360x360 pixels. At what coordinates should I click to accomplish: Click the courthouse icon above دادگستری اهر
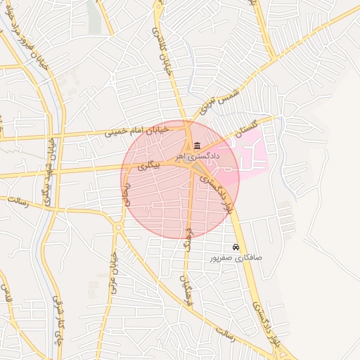196,146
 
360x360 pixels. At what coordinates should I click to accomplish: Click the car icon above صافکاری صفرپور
235,247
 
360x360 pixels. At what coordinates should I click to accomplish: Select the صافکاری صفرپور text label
235,258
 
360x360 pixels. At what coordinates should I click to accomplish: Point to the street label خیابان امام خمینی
138,130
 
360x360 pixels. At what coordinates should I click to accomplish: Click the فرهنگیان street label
186,262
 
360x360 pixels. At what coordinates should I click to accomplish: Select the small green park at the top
94,15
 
